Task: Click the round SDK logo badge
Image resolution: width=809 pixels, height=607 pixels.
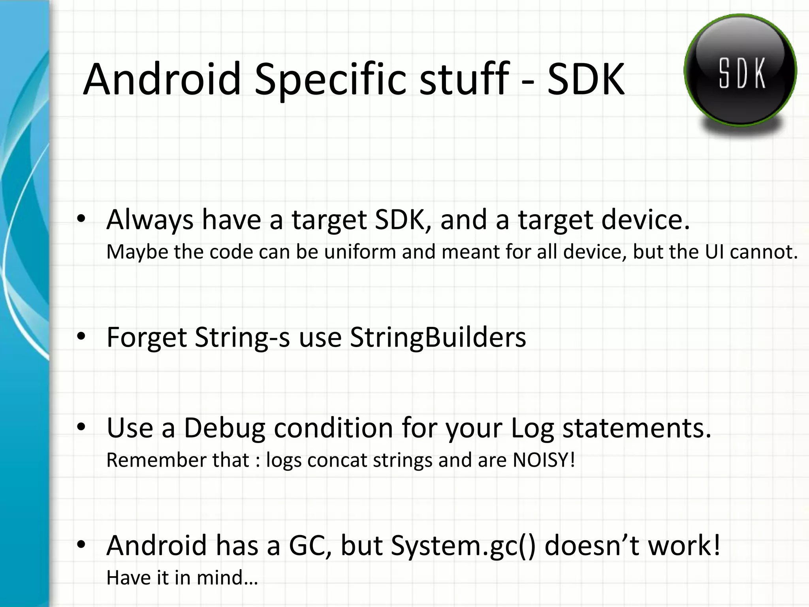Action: (740, 71)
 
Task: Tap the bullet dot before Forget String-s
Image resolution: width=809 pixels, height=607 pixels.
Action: (81, 336)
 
